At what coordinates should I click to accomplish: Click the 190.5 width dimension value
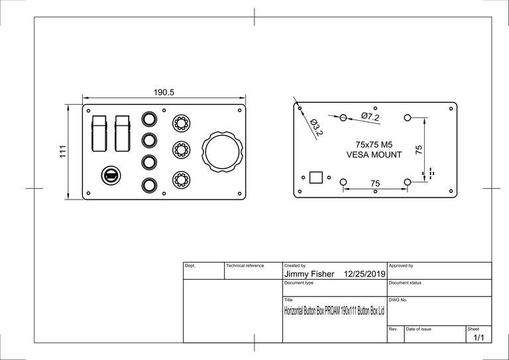pyautogui.click(x=164, y=93)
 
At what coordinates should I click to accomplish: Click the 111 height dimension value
pyautogui.click(x=62, y=152)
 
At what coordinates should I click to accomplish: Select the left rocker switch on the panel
pyautogui.click(x=99, y=133)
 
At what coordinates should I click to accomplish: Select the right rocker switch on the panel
pyautogui.click(x=122, y=133)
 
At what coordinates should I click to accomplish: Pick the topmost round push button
pyautogui.click(x=150, y=119)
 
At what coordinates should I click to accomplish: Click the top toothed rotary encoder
pyautogui.click(x=180, y=123)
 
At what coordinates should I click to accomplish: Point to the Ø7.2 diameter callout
pyautogui.click(x=370, y=117)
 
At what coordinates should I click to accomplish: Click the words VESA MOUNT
pyautogui.click(x=374, y=155)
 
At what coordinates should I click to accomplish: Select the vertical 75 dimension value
pyautogui.click(x=418, y=150)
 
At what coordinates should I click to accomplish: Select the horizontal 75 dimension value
pyautogui.click(x=374, y=183)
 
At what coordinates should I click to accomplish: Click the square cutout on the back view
pyautogui.click(x=316, y=177)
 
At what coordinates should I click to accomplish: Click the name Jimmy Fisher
pyautogui.click(x=309, y=274)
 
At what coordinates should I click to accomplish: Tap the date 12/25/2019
pyautogui.click(x=365, y=274)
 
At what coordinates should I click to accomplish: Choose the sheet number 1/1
pyautogui.click(x=479, y=337)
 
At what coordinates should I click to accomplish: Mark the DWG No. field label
pyautogui.click(x=398, y=300)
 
